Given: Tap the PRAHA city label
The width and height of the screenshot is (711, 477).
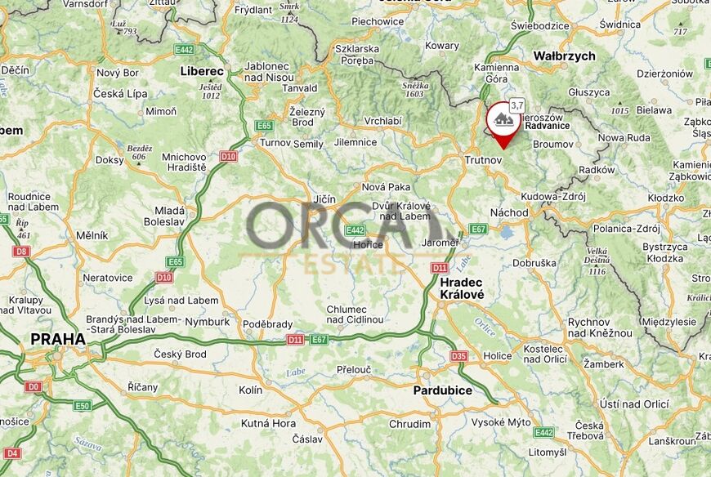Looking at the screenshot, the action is pyautogui.click(x=57, y=337).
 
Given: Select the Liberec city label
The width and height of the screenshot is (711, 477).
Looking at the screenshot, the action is pyautogui.click(x=201, y=71).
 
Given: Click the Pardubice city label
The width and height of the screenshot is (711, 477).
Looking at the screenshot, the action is pyautogui.click(x=442, y=390).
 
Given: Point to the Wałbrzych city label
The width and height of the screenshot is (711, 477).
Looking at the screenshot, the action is pyautogui.click(x=564, y=56).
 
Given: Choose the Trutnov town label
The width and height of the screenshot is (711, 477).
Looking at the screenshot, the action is pyautogui.click(x=482, y=160).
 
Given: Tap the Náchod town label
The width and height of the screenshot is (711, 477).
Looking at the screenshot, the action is pyautogui.click(x=509, y=212).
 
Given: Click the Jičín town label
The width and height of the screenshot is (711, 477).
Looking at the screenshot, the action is pyautogui.click(x=324, y=198).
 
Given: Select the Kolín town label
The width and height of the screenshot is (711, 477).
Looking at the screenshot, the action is pyautogui.click(x=251, y=390).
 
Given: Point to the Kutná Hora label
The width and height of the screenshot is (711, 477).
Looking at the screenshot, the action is pyautogui.click(x=268, y=423).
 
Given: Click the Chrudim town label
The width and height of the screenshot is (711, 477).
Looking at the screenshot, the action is pyautogui.click(x=409, y=424).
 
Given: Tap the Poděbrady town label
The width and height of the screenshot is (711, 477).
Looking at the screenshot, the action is pyautogui.click(x=267, y=324).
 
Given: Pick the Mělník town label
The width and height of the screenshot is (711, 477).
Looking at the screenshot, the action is pyautogui.click(x=92, y=235).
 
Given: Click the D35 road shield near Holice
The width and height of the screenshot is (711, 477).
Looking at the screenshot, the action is pyautogui.click(x=458, y=356).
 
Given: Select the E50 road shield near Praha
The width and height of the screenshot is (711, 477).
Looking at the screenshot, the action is pyautogui.click(x=83, y=405).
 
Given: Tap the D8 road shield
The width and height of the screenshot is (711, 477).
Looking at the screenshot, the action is pyautogui.click(x=21, y=252).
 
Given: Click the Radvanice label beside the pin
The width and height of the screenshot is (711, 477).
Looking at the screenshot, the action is pyautogui.click(x=547, y=126).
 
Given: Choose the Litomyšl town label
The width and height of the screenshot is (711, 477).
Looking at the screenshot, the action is pyautogui.click(x=547, y=452).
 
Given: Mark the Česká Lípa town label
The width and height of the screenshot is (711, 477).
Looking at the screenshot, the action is pyautogui.click(x=120, y=94).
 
